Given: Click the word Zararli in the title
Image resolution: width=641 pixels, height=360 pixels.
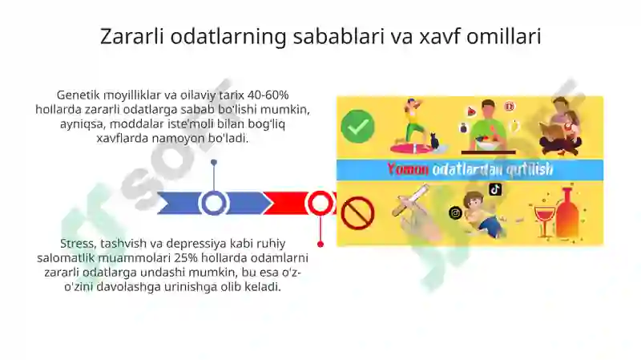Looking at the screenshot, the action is [131, 36].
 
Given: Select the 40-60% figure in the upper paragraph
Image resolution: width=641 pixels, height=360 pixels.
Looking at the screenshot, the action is [268, 95].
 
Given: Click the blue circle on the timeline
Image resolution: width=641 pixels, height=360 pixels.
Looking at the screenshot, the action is [213, 204].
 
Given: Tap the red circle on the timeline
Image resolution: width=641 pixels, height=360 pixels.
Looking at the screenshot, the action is [320, 204].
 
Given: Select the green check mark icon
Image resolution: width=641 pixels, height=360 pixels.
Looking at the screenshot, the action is [357, 127].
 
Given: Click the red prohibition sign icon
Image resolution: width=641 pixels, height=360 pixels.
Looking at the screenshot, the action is [357, 213].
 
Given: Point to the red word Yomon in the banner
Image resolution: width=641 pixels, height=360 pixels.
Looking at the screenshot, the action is [408, 169].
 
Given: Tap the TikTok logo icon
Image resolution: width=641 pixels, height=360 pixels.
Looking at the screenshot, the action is [495, 189].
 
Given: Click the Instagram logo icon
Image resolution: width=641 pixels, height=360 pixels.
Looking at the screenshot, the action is [455, 212].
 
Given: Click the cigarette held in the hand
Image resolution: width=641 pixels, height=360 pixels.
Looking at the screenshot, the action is [410, 200].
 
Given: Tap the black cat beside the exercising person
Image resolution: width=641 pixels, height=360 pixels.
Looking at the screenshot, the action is [434, 141].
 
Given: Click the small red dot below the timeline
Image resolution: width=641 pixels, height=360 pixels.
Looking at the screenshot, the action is [320, 245].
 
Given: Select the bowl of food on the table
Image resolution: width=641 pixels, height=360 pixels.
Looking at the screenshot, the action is [487, 144].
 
